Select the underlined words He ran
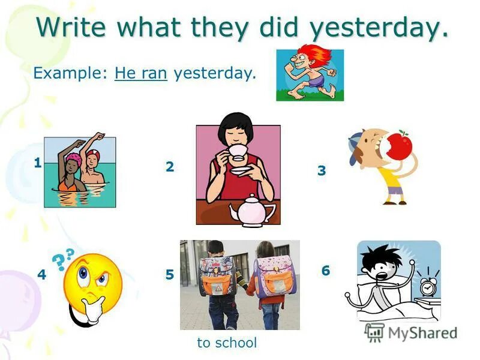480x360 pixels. click(x=140, y=74)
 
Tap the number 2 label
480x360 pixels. click(x=170, y=167)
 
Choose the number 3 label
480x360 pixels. click(x=322, y=171)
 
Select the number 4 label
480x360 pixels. click(x=41, y=275)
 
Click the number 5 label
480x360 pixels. click(x=170, y=275)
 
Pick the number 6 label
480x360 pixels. click(x=325, y=271)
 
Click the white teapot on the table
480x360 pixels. click(x=252, y=211)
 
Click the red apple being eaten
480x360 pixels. click(x=397, y=145)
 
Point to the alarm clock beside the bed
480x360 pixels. click(x=428, y=286)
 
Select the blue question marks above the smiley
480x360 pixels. click(x=63, y=257)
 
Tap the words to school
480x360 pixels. click(x=227, y=343)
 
